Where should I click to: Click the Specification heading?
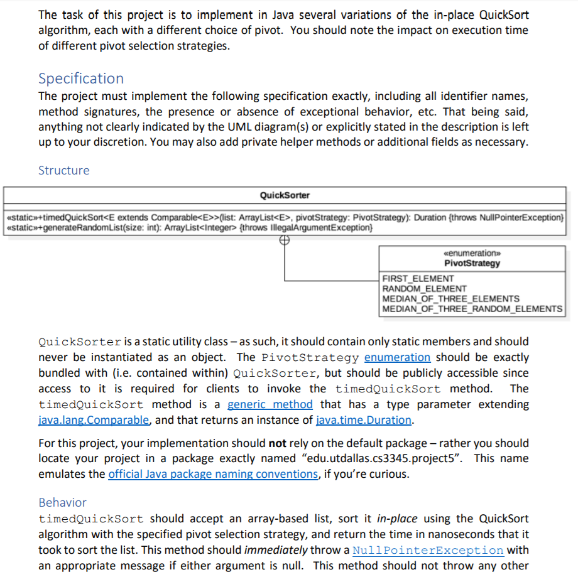pyautogui.click(x=81, y=78)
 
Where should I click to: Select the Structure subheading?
pyautogui.click(x=63, y=170)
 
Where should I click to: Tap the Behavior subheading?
pyautogui.click(x=62, y=502)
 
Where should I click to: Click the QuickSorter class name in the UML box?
pyautogui.click(x=285, y=195)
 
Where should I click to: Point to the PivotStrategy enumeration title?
pyautogui.click(x=472, y=263)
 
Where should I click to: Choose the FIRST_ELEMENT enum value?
pyautogui.click(x=418, y=278)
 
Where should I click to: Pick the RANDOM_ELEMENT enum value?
pyautogui.click(x=425, y=288)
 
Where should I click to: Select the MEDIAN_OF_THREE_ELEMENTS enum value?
pyautogui.click(x=450, y=298)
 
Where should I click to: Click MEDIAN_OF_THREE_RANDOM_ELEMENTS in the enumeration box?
pyautogui.click(x=472, y=308)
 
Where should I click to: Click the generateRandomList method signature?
pyautogui.click(x=189, y=227)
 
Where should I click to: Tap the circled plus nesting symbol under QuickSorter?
pyautogui.click(x=285, y=239)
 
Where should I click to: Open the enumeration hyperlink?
pyautogui.click(x=397, y=357)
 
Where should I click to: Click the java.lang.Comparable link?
pyautogui.click(x=94, y=420)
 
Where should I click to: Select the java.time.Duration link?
pyautogui.click(x=363, y=420)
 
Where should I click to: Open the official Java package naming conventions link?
pyautogui.click(x=213, y=474)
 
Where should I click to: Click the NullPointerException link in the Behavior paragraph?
pyautogui.click(x=428, y=550)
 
